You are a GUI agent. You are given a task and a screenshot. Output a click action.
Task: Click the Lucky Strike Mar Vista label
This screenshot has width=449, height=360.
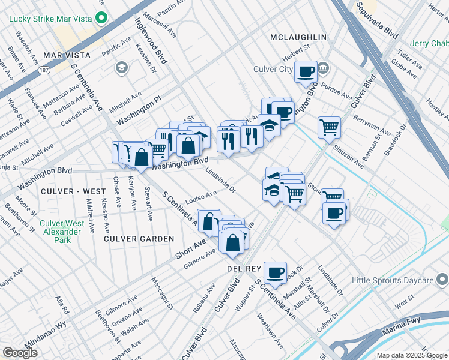pos(51,18)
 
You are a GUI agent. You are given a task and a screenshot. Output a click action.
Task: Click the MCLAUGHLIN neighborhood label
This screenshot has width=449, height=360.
pos(298,37)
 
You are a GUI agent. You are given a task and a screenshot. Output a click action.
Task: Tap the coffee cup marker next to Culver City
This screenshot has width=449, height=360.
pos(306,72)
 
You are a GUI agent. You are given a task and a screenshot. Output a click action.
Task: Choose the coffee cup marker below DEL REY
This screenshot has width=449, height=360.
pos(276,272)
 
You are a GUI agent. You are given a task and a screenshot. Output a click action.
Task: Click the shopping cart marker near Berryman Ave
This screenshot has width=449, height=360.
pos(329,127)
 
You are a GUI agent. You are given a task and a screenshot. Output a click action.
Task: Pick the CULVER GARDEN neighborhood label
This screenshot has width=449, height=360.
pos(139,238)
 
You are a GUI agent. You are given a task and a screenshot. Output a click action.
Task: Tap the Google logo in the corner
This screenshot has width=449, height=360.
pos(20,352)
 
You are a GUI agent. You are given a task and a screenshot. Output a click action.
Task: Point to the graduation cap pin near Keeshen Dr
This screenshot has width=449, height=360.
pos(122,67)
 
